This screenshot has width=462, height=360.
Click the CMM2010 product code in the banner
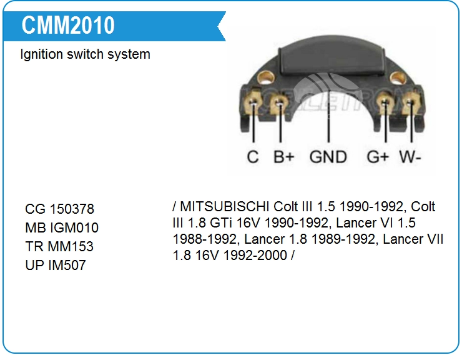coord(68,26)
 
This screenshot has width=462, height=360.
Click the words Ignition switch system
coord(85,54)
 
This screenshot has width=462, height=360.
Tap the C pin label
coord(253,156)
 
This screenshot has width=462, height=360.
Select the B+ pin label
coord(283,156)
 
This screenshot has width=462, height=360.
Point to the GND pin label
coord(328,156)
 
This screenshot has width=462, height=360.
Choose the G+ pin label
coord(378,156)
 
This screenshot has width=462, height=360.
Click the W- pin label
coord(410,156)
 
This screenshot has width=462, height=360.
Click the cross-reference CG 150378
coord(60,209)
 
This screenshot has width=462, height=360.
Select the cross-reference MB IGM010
coord(62,228)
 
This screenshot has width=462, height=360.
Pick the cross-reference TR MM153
coord(59,247)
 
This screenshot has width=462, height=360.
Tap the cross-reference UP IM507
coord(56,266)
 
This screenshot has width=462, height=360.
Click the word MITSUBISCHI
coord(225,207)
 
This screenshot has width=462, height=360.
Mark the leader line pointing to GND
coord(328,125)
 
